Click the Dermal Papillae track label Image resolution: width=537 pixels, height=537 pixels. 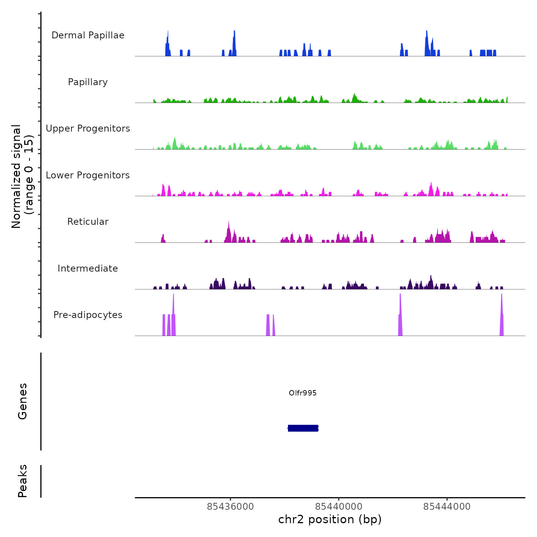(88, 35)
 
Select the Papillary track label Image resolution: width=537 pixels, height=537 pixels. (88, 82)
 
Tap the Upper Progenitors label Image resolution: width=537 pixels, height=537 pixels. (88, 128)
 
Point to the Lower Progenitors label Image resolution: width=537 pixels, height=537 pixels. (88, 175)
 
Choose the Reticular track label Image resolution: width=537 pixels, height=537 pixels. (88, 222)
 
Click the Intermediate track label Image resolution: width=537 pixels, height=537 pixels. (88, 268)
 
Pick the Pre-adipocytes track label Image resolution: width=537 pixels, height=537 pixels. (88, 315)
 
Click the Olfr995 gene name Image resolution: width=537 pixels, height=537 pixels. (303, 393)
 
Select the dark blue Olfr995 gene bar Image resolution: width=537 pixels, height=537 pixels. (303, 428)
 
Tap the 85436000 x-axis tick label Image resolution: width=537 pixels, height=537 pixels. (231, 507)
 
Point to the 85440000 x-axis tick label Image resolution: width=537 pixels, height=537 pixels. (339, 507)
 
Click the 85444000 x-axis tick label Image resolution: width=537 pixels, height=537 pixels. (447, 507)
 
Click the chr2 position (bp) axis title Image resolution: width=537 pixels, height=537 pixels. (330, 519)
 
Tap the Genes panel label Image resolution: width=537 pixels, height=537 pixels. (23, 401)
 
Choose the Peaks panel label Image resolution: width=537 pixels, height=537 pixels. (23, 481)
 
